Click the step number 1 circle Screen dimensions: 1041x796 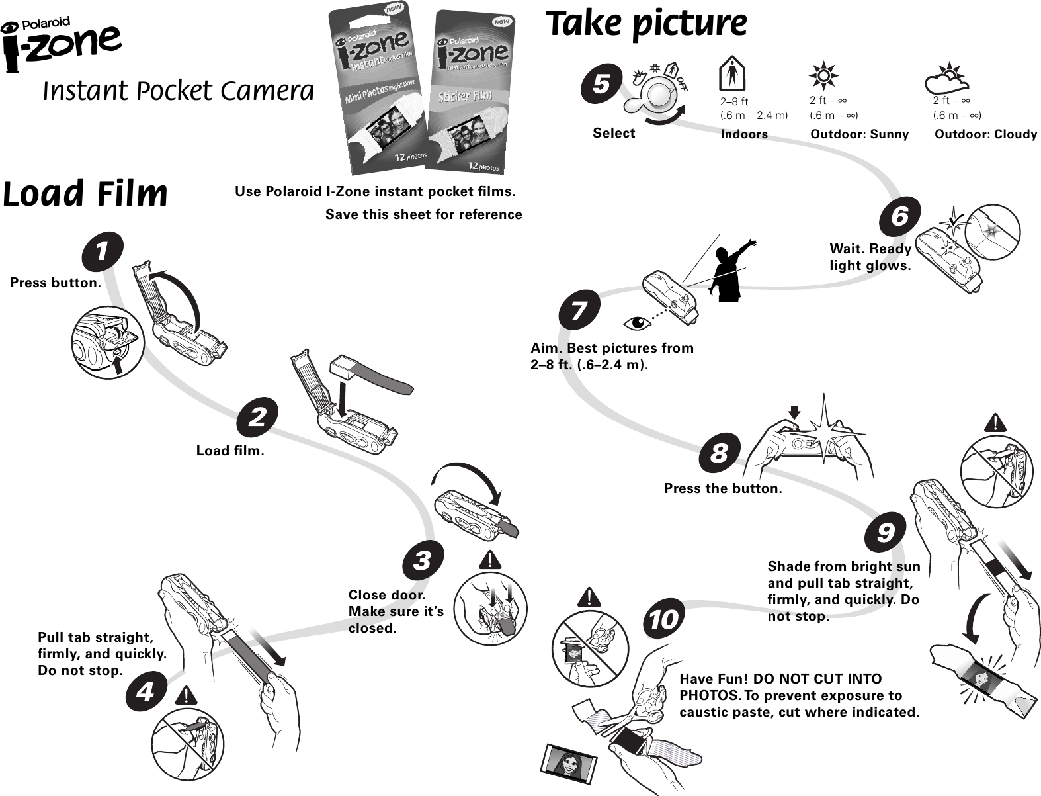pyautogui.click(x=103, y=252)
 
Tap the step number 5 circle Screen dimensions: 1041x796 pyautogui.click(x=601, y=84)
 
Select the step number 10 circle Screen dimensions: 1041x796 pyautogui.click(x=664, y=619)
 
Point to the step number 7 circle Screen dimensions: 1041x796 pyautogui.click(x=579, y=310)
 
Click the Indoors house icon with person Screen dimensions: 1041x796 pyautogui.click(x=731, y=73)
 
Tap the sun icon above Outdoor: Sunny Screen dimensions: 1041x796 pyautogui.click(x=823, y=75)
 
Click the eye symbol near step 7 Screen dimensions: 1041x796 pyautogui.click(x=637, y=323)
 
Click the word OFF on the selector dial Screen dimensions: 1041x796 pyautogui.click(x=682, y=83)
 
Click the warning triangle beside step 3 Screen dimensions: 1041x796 pyautogui.click(x=490, y=560)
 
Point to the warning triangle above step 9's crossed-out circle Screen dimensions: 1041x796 pyautogui.click(x=995, y=422)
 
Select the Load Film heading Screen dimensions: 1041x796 pyautogui.click(x=85, y=194)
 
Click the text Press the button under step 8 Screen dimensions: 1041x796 pyautogui.click(x=723, y=488)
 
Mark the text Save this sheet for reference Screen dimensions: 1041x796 pyautogui.click(x=423, y=214)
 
